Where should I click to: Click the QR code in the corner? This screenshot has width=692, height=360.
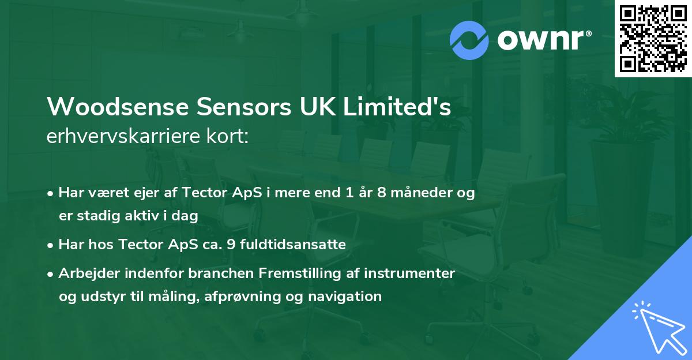pos(653,39)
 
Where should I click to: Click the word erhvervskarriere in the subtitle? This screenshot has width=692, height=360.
pos(122,137)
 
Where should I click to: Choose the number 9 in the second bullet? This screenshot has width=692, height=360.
pos(226,245)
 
